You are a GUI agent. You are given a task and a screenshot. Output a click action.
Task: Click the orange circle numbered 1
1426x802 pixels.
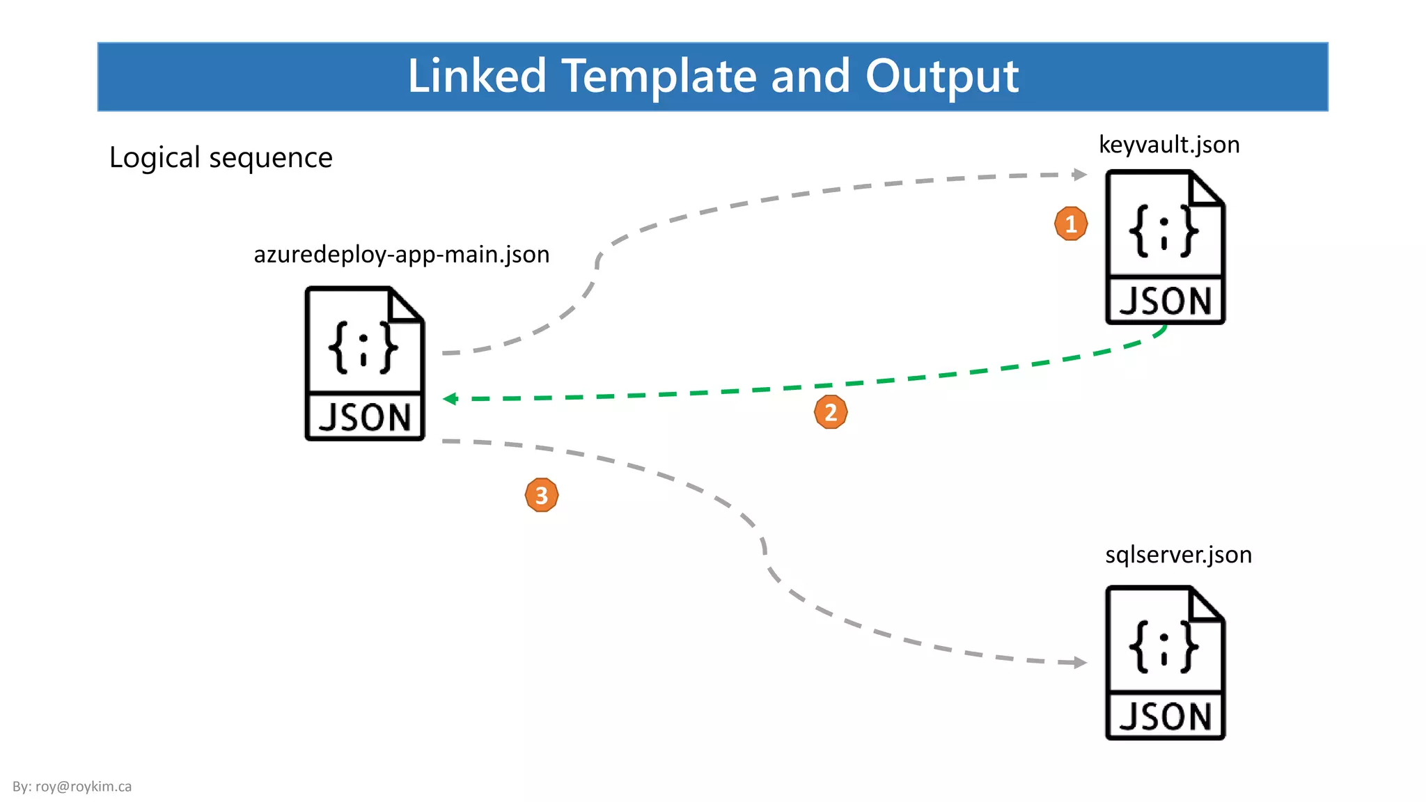point(1071,223)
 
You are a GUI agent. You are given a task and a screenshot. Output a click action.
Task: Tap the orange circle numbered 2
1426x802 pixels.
point(831,412)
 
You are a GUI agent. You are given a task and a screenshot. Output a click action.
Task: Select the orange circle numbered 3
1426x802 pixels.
point(542,495)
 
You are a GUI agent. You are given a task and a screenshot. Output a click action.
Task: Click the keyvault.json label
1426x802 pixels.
point(1169,145)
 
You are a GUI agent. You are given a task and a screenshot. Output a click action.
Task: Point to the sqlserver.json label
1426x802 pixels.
point(1178,555)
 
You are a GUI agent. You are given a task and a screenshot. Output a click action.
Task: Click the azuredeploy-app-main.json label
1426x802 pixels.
point(402,255)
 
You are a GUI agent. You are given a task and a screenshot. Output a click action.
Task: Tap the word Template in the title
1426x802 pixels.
point(658,76)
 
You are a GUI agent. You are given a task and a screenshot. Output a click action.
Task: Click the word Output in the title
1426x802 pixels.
point(941,76)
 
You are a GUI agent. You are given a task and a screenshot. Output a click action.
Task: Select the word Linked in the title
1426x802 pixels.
point(477,76)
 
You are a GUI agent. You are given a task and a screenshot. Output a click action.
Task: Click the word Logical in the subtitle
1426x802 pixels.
point(155,158)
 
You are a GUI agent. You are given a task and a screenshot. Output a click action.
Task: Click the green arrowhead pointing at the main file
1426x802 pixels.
point(450,399)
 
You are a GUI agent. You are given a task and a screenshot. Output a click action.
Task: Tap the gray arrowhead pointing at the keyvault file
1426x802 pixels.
point(1080,174)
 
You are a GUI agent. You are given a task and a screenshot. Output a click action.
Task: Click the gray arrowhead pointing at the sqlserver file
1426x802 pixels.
point(1080,663)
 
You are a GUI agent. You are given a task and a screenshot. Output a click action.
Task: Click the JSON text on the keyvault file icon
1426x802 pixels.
point(1165,301)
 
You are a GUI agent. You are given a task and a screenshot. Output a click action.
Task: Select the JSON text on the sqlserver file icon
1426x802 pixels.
point(1165,717)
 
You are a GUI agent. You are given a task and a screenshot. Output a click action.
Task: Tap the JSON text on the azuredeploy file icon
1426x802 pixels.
point(364,418)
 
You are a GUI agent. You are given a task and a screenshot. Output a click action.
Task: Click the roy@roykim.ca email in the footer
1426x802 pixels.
point(84,787)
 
